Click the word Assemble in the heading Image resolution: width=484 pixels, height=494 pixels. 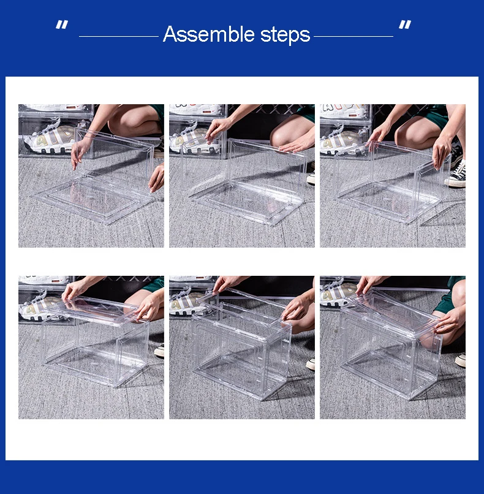[208, 34]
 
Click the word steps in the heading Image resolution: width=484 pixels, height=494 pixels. [285, 36]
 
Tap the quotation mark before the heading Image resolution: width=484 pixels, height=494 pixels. [62, 25]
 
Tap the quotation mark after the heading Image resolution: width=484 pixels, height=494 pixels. [405, 25]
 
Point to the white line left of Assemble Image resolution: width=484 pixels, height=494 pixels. [119, 37]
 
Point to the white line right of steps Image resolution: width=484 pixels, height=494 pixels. [354, 37]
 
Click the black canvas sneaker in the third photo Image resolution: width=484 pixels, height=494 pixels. [456, 174]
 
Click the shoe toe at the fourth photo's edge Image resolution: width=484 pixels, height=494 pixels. [159, 351]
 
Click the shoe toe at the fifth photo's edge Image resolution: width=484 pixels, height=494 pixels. [311, 364]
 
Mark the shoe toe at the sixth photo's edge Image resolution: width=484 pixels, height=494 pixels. [460, 360]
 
